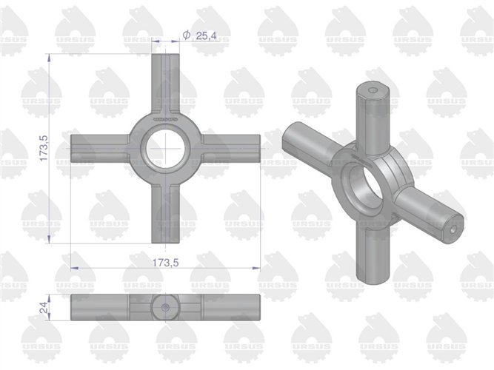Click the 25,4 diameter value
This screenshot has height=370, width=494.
click(x=206, y=35)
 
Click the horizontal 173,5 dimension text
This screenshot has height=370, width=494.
click(x=167, y=263)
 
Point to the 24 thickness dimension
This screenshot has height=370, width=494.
click(x=43, y=306)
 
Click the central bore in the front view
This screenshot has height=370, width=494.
click(x=167, y=147)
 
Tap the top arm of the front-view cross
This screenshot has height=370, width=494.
click(x=167, y=81)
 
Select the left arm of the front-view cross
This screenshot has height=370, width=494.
click(x=100, y=147)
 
